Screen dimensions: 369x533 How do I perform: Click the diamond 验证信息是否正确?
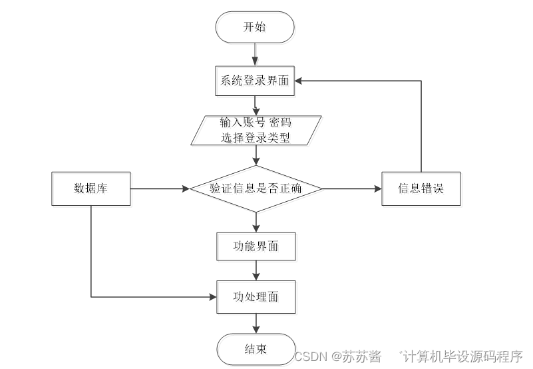tap(256, 188)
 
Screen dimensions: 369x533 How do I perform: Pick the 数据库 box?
tap(90, 188)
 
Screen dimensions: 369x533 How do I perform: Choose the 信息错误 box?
tap(421, 188)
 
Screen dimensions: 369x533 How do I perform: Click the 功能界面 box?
tap(256, 246)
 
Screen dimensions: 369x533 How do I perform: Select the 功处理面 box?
tap(256, 296)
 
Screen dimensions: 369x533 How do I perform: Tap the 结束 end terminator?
tap(256, 350)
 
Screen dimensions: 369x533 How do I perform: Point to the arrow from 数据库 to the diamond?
tap(160, 188)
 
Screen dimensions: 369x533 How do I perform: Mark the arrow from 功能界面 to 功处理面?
tap(256, 271)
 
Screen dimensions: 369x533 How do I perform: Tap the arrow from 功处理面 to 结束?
tap(256, 323)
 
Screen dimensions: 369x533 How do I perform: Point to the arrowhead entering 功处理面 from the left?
tap(214, 296)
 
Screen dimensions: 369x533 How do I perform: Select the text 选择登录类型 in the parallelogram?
tap(256, 138)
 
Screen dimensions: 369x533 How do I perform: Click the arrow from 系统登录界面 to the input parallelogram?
tap(256, 105)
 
